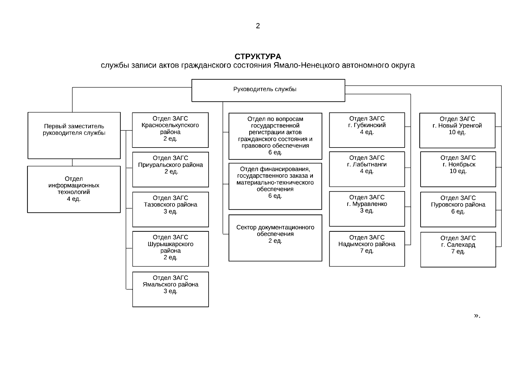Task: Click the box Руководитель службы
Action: click(268, 90)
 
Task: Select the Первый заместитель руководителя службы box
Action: click(74, 135)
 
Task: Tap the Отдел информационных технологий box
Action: click(74, 189)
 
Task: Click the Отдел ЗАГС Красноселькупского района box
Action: click(170, 130)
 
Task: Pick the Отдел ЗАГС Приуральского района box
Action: click(170, 169)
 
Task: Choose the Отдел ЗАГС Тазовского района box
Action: click(170, 209)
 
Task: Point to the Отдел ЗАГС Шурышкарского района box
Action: click(170, 249)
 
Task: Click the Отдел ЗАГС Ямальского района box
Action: click(170, 289)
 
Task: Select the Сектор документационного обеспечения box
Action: click(275, 238)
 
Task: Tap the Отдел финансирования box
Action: click(275, 186)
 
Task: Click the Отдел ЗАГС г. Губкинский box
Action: click(367, 130)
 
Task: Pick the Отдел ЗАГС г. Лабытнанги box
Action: click(367, 169)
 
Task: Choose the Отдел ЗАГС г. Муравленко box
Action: click(367, 209)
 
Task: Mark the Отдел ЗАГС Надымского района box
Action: click(367, 249)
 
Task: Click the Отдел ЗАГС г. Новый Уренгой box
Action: click(457, 130)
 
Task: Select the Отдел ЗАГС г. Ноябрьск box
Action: click(458, 169)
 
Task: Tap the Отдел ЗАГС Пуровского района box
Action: click(458, 209)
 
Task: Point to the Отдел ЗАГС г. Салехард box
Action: click(458, 249)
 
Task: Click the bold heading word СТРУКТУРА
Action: click(258, 57)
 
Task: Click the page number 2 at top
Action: click(258, 26)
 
